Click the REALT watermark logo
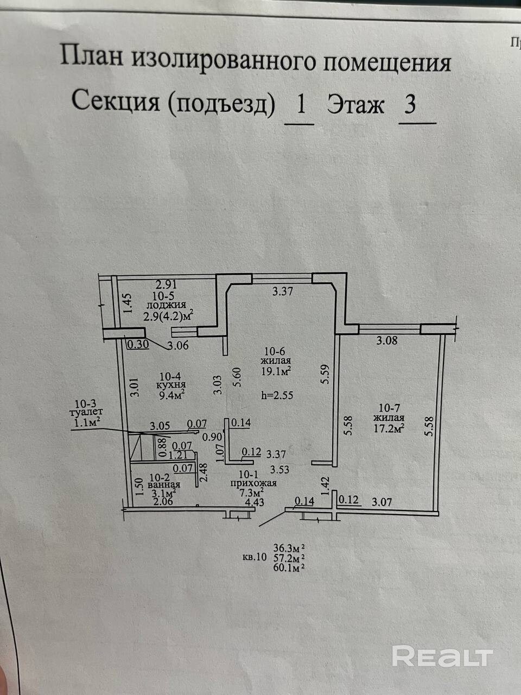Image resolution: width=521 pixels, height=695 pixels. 442,656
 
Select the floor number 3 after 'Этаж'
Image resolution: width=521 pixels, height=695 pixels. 410,103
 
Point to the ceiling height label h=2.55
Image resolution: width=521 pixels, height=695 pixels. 277,395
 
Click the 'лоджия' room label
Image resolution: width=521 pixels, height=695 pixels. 169,305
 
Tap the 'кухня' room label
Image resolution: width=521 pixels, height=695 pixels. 168,384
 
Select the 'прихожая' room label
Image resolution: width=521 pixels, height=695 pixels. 253,483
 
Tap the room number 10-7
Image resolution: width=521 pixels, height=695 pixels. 389,407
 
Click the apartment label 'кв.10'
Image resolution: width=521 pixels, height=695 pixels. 255,557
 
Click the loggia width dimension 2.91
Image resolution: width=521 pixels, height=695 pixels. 167,283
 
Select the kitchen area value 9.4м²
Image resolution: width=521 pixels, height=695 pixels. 169,395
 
